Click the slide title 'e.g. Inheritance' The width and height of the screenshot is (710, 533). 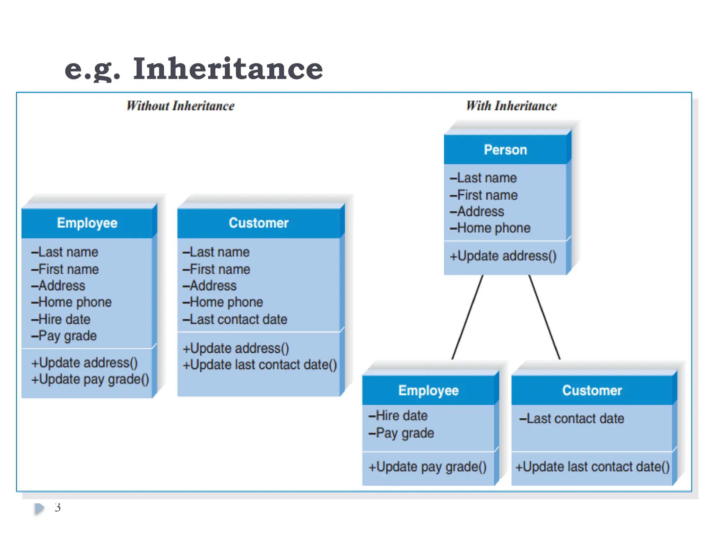(193, 68)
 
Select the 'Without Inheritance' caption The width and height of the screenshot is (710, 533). (180, 106)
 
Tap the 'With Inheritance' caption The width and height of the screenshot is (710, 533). (511, 106)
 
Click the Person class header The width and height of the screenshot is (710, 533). (505, 150)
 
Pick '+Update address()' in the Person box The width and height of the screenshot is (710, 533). (503, 256)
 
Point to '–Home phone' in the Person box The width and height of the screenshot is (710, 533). (490, 228)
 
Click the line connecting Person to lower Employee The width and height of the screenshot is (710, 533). (467, 317)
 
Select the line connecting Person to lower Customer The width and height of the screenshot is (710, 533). (544, 317)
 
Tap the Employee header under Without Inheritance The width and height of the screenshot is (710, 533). (87, 223)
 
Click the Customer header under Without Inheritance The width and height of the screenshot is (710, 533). (259, 223)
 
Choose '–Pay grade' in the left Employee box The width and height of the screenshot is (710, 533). (64, 336)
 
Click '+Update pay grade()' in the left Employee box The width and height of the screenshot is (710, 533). (90, 379)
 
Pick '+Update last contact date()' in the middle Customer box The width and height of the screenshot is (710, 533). (260, 365)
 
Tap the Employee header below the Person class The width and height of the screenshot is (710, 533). (428, 391)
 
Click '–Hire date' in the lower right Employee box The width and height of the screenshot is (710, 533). (398, 416)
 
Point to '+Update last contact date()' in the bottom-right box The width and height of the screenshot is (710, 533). (592, 467)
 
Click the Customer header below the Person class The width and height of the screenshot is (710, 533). (592, 391)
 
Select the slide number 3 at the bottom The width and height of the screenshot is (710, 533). (58, 508)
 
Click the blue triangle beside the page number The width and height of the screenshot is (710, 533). (39, 508)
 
